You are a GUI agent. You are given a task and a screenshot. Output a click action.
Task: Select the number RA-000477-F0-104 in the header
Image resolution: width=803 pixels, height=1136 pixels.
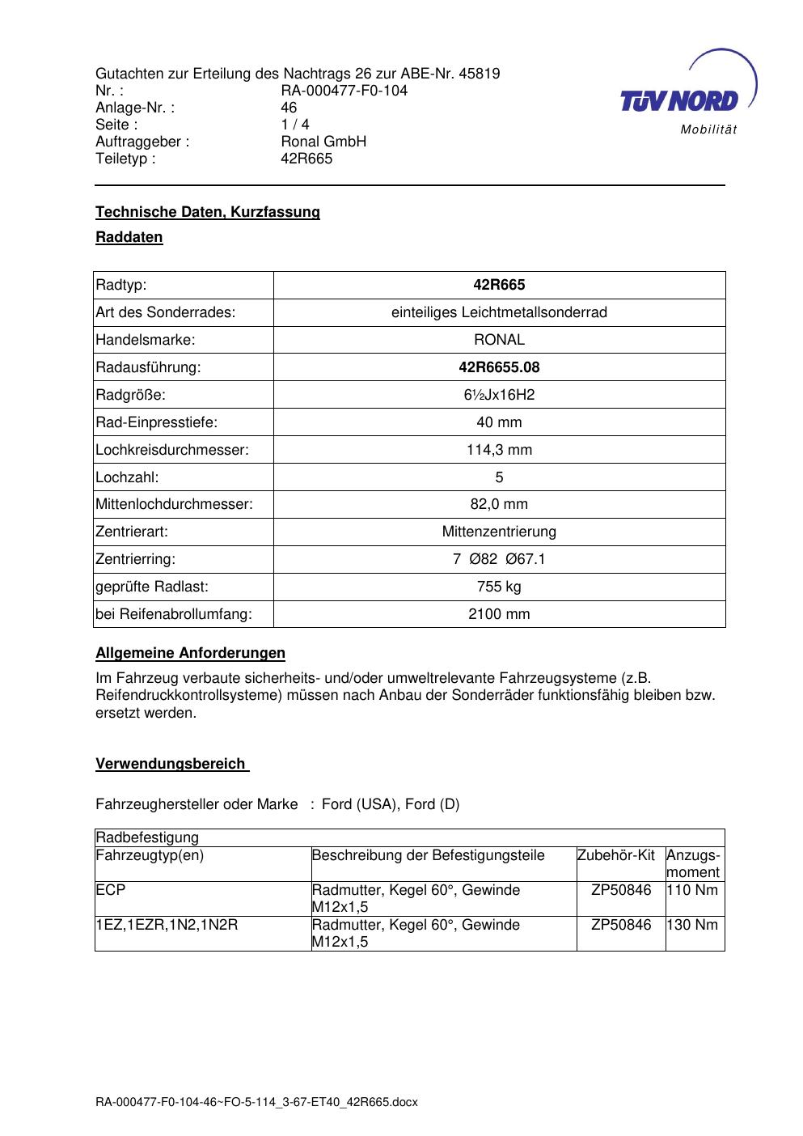(x=344, y=91)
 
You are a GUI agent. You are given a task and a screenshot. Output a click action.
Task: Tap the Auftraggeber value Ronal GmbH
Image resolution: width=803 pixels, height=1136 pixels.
(x=323, y=142)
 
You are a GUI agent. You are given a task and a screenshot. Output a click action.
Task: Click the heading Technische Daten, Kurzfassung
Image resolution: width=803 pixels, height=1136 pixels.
(x=208, y=212)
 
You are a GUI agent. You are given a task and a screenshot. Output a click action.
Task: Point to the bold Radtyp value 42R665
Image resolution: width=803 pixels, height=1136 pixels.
(x=499, y=285)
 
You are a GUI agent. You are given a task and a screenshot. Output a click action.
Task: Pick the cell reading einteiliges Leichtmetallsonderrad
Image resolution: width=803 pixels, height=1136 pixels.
(x=499, y=312)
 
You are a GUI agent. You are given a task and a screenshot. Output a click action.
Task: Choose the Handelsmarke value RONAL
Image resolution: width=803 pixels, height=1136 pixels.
(x=499, y=340)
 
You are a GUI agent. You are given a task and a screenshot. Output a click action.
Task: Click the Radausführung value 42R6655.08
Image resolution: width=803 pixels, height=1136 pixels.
(x=499, y=367)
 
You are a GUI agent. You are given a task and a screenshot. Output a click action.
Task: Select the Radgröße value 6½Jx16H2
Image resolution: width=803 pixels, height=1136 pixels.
(x=499, y=395)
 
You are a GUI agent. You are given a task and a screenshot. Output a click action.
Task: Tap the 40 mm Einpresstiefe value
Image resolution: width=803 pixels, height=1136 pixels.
(x=499, y=422)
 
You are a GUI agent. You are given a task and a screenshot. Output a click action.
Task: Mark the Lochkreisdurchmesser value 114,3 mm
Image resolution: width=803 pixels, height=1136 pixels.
(x=499, y=450)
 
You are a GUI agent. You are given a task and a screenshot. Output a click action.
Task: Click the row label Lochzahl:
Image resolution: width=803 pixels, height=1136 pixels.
(x=127, y=477)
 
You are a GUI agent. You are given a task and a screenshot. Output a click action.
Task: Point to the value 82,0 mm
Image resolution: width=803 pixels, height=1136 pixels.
(x=499, y=504)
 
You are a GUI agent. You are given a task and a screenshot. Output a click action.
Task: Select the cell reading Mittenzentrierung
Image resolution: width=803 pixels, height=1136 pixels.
(x=499, y=532)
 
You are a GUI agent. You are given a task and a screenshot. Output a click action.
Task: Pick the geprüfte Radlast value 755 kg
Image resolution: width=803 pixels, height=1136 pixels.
(x=499, y=587)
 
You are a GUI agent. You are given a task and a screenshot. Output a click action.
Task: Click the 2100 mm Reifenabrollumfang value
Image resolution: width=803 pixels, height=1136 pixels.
(x=499, y=614)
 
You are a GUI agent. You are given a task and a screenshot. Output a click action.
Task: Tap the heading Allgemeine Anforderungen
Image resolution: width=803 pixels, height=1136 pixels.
(x=190, y=653)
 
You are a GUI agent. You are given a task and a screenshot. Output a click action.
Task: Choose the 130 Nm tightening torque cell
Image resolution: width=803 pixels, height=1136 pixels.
(x=692, y=925)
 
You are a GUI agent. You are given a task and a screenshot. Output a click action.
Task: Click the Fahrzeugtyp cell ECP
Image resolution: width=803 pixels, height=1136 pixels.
(x=111, y=890)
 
